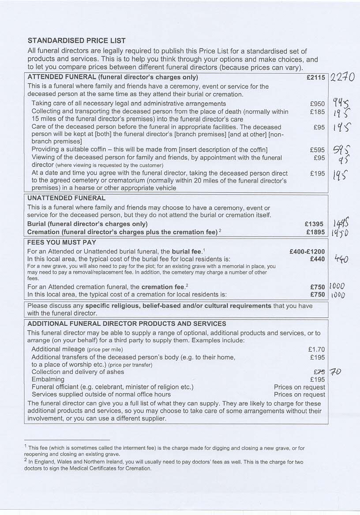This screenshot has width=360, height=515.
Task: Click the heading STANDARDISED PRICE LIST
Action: (x=76, y=41)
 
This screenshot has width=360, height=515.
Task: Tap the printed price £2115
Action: (x=316, y=78)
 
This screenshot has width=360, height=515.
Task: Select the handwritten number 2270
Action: (x=342, y=78)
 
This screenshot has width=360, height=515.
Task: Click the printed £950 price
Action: (x=318, y=104)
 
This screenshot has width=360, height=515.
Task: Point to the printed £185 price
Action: (x=318, y=112)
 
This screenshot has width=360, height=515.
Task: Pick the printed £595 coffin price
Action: (x=318, y=150)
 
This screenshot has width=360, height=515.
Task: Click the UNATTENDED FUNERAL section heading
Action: (x=66, y=198)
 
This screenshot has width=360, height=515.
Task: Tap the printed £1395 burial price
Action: (x=315, y=224)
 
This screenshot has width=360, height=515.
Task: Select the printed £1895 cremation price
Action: (x=315, y=232)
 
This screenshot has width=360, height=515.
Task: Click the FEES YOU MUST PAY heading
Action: (x=62, y=243)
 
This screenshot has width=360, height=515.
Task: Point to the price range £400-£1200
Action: (x=307, y=252)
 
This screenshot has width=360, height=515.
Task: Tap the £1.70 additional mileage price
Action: (x=316, y=349)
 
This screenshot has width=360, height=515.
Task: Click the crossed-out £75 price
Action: (x=319, y=372)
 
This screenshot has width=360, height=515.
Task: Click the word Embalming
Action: (x=48, y=379)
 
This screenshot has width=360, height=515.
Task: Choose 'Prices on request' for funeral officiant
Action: (x=300, y=387)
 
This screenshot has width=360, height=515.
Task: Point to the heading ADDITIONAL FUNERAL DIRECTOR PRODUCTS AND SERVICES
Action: (x=127, y=324)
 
